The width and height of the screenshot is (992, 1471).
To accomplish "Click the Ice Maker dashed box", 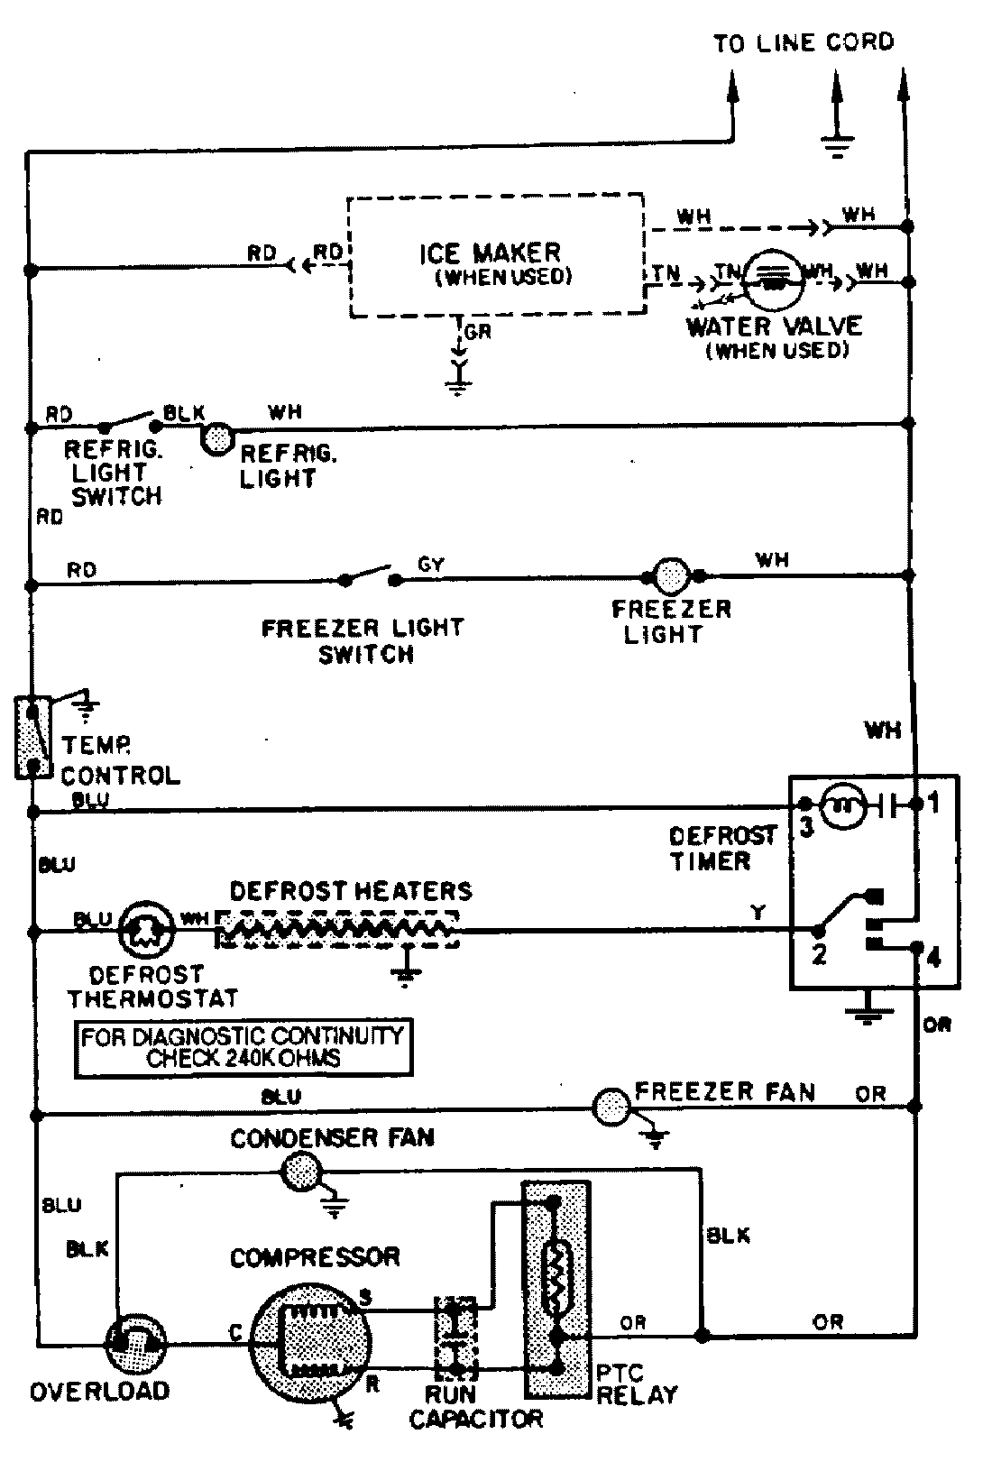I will pos(496,255).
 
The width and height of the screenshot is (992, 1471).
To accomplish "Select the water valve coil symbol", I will pos(773,276).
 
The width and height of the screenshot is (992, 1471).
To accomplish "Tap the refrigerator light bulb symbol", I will pos(217,439).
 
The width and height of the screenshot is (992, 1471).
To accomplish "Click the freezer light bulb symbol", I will pos(669,575).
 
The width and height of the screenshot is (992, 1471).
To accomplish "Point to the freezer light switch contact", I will pos(369,576).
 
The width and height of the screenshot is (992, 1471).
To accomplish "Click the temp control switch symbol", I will pos(32,736).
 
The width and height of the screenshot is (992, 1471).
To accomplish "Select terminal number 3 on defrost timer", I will pos(805,826).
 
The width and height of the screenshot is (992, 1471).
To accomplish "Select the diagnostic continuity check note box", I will pos(243,1047).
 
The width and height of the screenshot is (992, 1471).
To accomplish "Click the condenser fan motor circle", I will pos(302,1172).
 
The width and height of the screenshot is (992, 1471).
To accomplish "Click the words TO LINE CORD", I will pos(803,42).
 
